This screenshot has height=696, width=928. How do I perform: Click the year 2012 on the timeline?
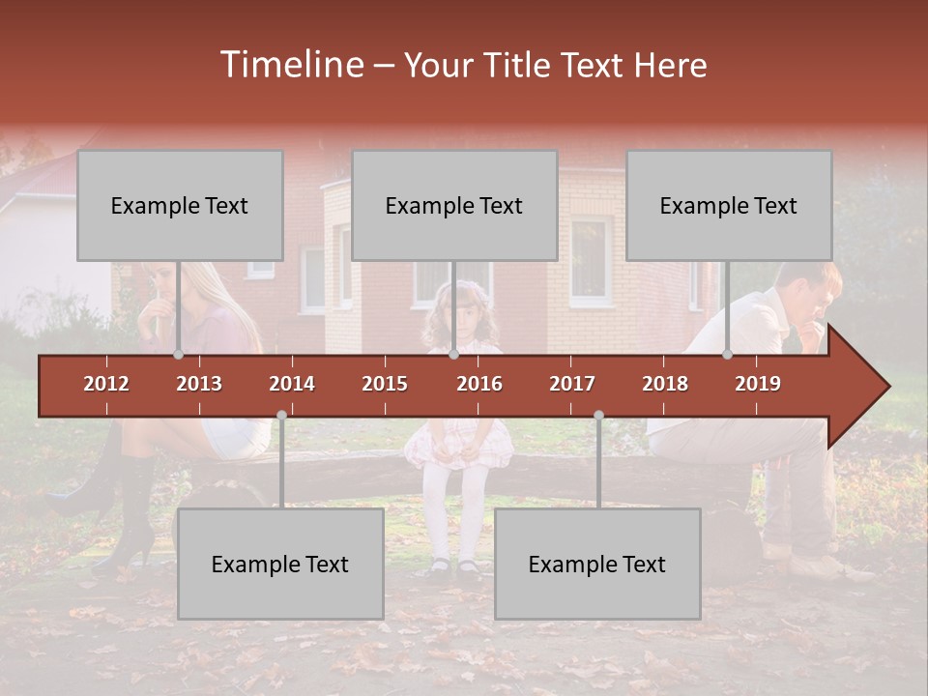(x=106, y=384)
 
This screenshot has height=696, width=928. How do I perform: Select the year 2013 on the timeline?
(x=199, y=384)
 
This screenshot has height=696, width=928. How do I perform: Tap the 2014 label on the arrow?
(x=292, y=384)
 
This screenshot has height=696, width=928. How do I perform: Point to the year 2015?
(x=385, y=384)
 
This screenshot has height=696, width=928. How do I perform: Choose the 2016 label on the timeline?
(x=479, y=384)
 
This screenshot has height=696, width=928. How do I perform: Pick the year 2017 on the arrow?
(x=572, y=384)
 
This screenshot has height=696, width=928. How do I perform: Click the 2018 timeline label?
(x=665, y=384)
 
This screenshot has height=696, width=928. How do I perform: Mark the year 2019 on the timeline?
(x=758, y=384)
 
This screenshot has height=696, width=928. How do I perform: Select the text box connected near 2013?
(x=180, y=205)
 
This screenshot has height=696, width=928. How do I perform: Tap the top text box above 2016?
(x=454, y=205)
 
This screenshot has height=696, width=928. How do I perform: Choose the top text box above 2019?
(x=729, y=205)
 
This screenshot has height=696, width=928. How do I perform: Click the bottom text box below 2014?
(x=280, y=564)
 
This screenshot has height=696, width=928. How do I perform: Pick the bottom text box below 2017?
(x=597, y=564)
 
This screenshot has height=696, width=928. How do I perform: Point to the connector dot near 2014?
(x=281, y=415)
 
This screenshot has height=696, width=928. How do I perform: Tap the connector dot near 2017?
(x=598, y=415)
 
